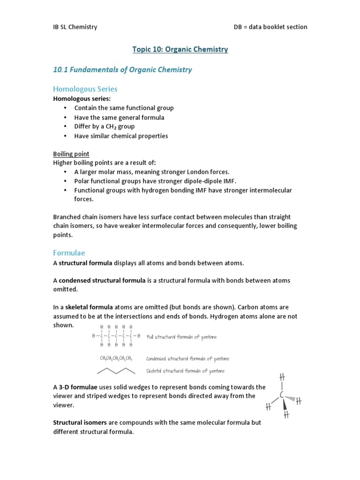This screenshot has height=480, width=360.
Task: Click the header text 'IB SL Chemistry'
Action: (x=75, y=27)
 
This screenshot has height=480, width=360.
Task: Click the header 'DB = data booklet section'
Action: (x=270, y=27)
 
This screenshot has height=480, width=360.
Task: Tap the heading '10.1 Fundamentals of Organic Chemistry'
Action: (x=122, y=70)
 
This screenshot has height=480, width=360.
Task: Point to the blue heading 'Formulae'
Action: (x=69, y=253)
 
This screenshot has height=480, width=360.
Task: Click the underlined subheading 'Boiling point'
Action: (x=71, y=154)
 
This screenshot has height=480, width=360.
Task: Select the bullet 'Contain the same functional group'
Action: (x=124, y=108)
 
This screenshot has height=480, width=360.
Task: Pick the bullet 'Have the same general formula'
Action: (x=119, y=117)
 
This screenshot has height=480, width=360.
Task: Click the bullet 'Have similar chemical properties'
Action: (x=121, y=136)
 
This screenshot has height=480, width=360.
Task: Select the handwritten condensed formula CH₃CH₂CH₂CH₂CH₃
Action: (x=116, y=359)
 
